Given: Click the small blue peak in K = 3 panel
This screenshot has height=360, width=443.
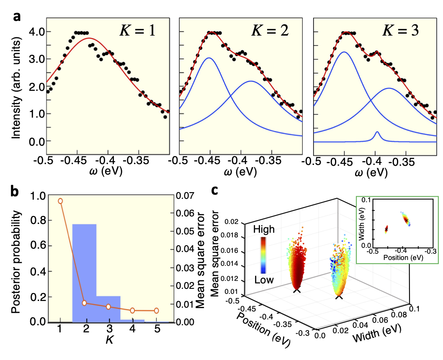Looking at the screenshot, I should (x=377, y=135).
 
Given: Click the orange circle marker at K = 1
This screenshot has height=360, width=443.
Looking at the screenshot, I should (x=60, y=201).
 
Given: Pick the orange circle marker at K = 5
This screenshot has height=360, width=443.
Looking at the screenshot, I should (x=157, y=311).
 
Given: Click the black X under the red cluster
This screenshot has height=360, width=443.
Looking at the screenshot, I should (x=296, y=290).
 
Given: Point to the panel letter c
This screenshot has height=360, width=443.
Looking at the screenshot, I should (x=214, y=190).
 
